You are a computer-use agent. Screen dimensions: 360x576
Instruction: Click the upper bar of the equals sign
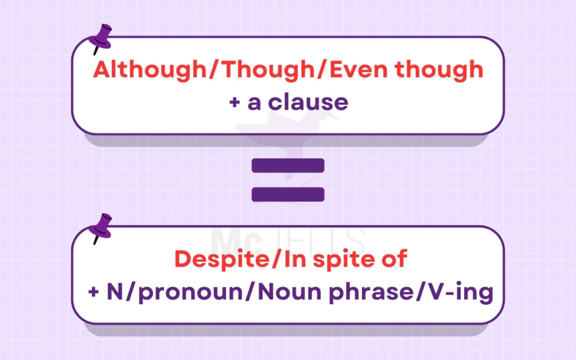pyautogui.click(x=288, y=165)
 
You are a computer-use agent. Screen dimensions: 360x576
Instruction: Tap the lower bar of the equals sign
pyautogui.click(x=288, y=194)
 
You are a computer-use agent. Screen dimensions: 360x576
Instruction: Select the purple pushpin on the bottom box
pyautogui.click(x=102, y=227)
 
